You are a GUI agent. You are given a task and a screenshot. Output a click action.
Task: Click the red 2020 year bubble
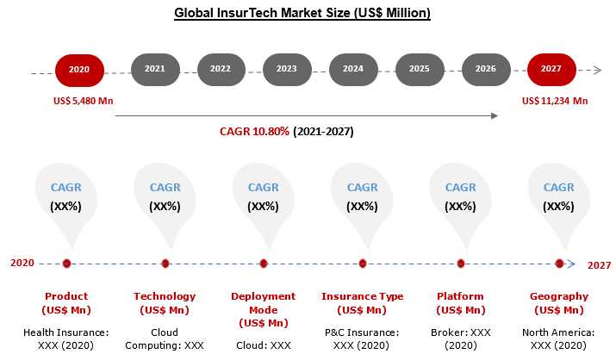[79, 71]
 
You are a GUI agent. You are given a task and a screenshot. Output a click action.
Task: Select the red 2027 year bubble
[551, 70]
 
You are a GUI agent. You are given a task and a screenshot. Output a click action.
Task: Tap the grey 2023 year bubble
[287, 70]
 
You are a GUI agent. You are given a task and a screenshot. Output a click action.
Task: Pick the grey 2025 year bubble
[420, 70]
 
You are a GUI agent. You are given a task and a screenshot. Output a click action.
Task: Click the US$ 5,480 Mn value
[84, 101]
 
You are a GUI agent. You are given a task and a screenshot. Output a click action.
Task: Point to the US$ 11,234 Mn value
[555, 101]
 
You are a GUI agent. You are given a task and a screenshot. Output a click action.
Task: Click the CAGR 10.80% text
[254, 131]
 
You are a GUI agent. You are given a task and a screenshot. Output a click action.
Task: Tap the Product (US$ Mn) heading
[66, 303]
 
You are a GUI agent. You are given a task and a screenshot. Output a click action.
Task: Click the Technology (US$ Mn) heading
[165, 303]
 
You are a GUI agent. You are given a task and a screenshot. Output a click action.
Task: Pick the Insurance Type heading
[362, 296]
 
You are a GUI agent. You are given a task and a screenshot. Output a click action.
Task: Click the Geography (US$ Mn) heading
[559, 303]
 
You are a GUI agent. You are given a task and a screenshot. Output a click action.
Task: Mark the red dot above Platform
[461, 264]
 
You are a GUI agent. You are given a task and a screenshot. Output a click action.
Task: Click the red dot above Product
[66, 264]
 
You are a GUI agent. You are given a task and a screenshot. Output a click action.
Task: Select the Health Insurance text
[66, 332]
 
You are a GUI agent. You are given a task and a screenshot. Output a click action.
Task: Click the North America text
[558, 332]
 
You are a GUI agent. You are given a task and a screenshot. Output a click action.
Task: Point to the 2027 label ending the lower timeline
[599, 265]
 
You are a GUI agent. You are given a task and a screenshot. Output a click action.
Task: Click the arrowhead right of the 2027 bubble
[598, 71]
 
